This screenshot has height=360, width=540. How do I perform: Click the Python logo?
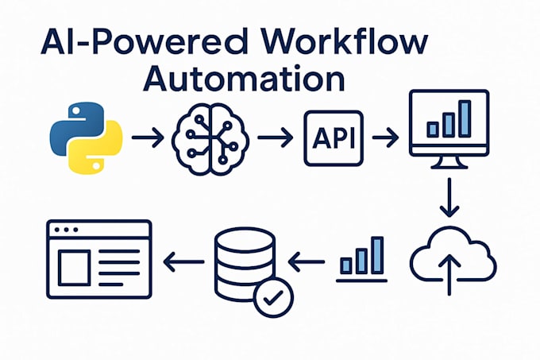84,140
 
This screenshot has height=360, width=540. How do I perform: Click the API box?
332,138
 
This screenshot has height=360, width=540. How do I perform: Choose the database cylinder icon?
243,261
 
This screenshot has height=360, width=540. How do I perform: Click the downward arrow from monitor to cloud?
449,199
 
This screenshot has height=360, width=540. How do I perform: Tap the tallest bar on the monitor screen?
465,116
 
